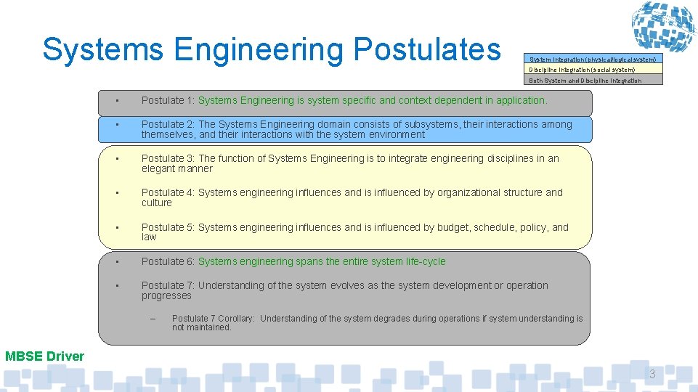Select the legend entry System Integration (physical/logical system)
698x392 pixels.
pos(593,59)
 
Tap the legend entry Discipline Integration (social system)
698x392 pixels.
pos(582,70)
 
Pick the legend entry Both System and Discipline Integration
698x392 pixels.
pos(585,81)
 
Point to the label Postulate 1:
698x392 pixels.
pos(168,100)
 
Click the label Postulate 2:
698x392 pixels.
pos(168,124)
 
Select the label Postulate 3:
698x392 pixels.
pos(168,158)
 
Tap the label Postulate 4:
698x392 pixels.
pos(168,192)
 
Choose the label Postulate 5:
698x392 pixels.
pos(168,227)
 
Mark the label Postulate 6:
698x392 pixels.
pos(168,261)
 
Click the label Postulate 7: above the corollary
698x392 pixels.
pos(168,285)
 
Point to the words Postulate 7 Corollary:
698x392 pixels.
pos(214,319)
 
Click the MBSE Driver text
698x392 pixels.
pos(44,356)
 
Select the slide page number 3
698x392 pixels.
pos(652,375)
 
